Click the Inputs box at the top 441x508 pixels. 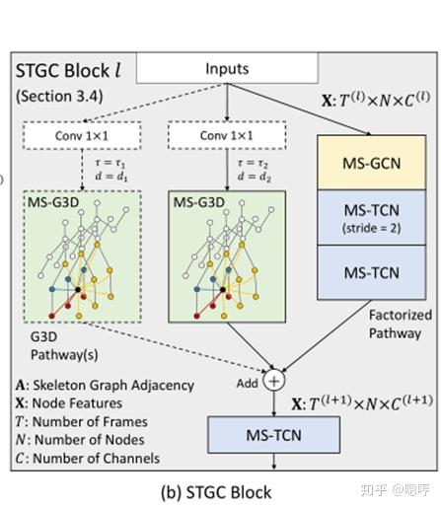227,68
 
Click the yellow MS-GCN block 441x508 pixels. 362,160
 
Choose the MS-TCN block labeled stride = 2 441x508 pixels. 362,214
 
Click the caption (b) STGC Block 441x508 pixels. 216,490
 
